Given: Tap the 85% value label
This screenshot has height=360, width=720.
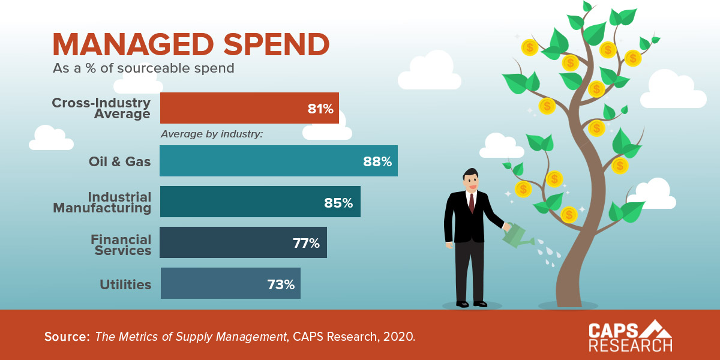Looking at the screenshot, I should (x=338, y=203).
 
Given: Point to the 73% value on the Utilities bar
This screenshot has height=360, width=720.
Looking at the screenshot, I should (x=281, y=284).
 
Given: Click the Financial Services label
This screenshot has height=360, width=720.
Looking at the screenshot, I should (x=121, y=245).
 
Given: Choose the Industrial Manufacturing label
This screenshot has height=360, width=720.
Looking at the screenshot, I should (x=102, y=203).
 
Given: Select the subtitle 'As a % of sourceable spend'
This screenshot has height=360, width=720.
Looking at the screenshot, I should (x=143, y=68).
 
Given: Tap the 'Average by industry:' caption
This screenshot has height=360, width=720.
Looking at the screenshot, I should (x=212, y=134).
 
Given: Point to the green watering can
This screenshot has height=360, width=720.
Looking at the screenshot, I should (x=516, y=236).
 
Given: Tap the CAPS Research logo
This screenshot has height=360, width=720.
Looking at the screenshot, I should (x=630, y=336).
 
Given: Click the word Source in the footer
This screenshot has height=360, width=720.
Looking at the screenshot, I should (x=66, y=337).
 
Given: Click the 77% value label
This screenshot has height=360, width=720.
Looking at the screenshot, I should (x=306, y=243).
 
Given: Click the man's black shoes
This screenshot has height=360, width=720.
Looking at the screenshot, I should (x=472, y=304).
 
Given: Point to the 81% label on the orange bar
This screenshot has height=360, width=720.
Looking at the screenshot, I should (x=320, y=109).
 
